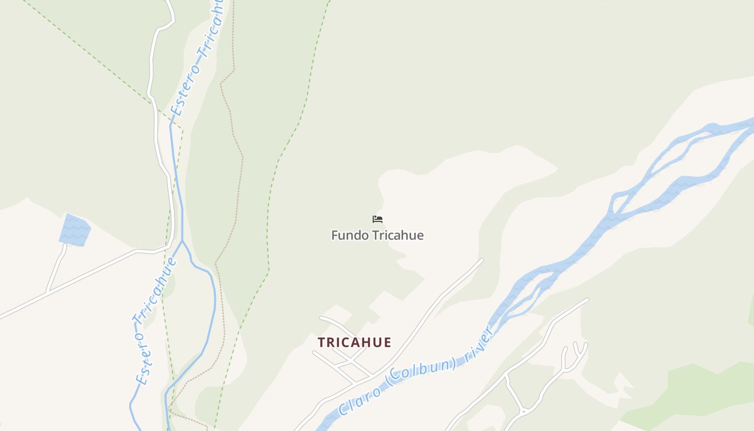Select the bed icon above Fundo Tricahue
coord(378,219)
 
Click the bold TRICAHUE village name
coord(354,342)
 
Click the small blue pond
coord(74,230)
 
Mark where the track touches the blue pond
coord(66,244)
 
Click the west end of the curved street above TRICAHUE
coord(321,318)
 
